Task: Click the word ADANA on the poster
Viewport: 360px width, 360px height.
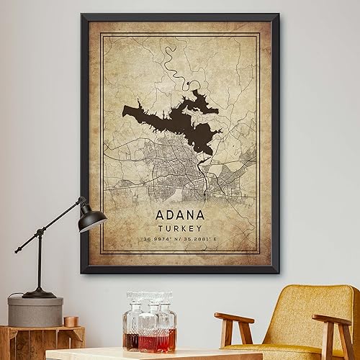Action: point(179,215)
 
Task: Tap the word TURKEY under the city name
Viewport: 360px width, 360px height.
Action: point(179,228)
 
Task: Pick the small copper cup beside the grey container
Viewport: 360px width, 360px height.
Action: point(70,320)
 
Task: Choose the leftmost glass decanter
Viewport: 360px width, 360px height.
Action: point(132,324)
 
